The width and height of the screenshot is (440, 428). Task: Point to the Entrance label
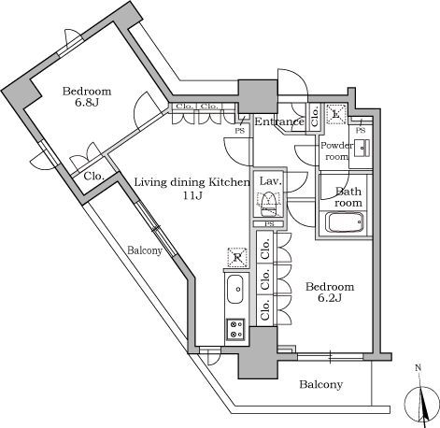[x=279, y=121]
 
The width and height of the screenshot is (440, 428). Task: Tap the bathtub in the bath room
[x=348, y=225]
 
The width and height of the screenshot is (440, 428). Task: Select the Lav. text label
[x=270, y=179]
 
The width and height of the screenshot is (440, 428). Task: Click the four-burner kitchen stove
[x=234, y=329]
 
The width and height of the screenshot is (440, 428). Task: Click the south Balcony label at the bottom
[x=321, y=385]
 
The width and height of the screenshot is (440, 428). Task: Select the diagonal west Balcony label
[x=145, y=250]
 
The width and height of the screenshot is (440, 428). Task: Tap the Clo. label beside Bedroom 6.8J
[x=93, y=177]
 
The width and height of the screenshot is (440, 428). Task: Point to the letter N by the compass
[x=418, y=368]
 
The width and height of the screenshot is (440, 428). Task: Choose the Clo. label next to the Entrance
[x=316, y=117]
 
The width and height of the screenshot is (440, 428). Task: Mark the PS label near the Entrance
[x=240, y=131]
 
